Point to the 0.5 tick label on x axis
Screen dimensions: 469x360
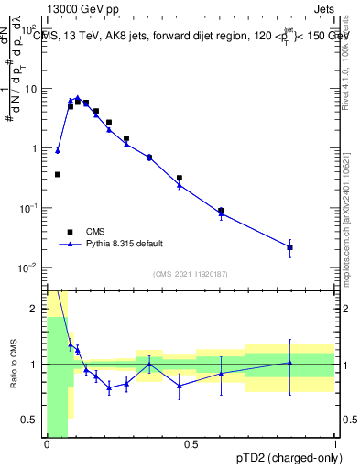(x=191, y=445)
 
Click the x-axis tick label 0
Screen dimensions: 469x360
(x=47, y=445)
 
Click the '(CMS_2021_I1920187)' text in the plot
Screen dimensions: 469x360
(x=191, y=273)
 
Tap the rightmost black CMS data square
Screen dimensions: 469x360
(x=289, y=247)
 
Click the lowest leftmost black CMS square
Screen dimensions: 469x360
(x=58, y=174)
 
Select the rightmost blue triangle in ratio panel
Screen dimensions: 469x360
(x=289, y=363)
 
